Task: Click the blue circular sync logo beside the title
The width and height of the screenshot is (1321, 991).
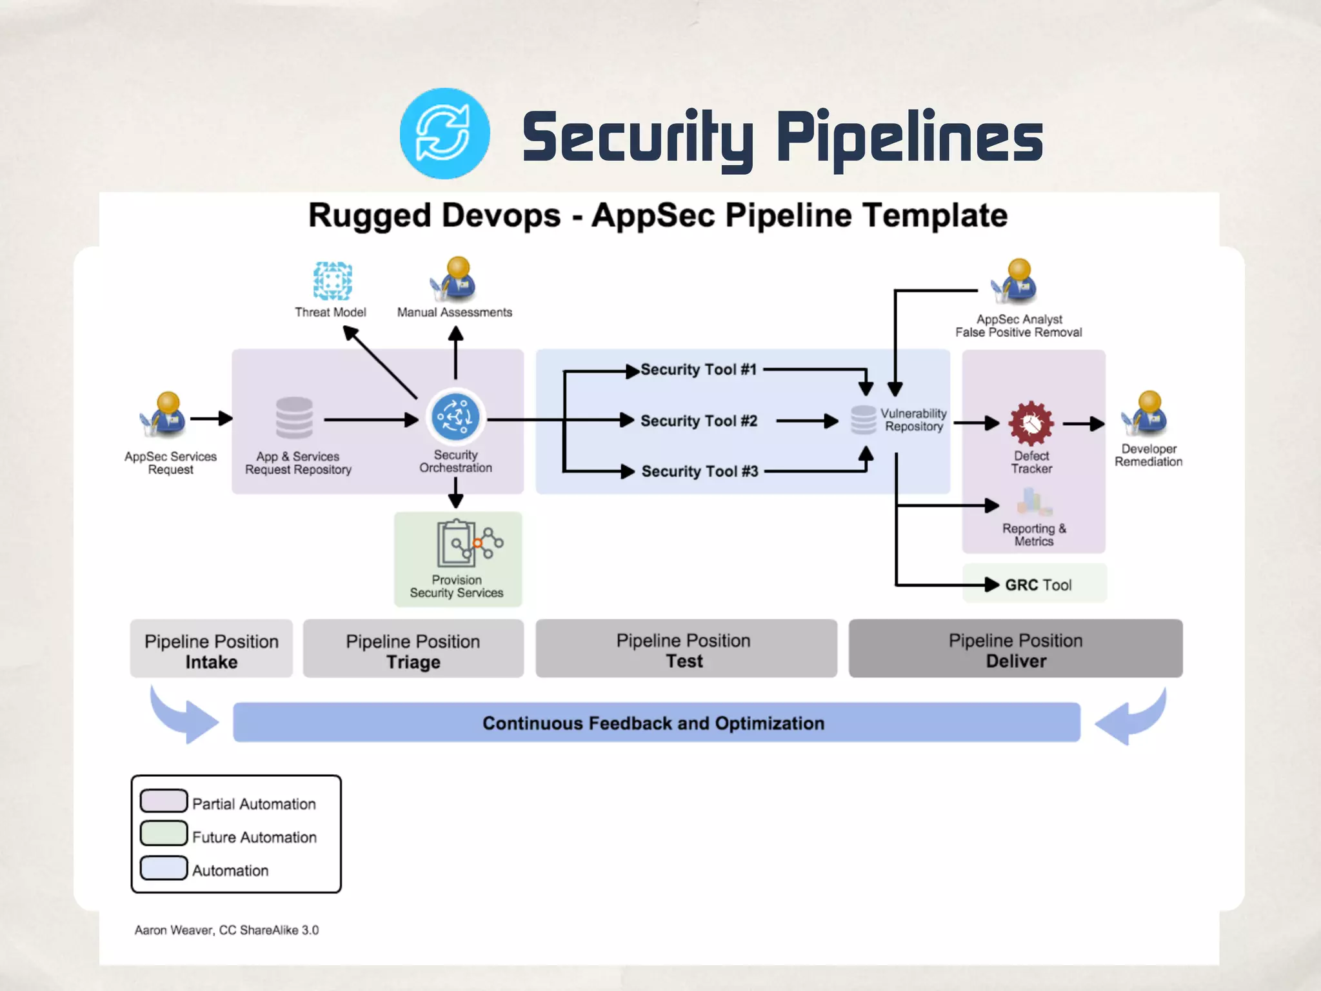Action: click(444, 134)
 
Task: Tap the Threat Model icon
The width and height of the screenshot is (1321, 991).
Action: click(332, 281)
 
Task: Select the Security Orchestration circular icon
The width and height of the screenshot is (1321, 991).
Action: click(455, 417)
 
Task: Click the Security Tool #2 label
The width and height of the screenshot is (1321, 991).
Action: click(699, 421)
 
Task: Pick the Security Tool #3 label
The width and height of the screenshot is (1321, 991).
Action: click(700, 472)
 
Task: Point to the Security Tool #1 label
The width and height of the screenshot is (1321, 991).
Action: click(698, 370)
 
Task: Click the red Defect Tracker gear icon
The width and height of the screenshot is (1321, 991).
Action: click(1031, 423)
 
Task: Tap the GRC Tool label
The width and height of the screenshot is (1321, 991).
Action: click(1038, 585)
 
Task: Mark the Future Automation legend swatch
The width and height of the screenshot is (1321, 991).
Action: click(164, 834)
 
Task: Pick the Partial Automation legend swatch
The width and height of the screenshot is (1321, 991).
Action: click(164, 801)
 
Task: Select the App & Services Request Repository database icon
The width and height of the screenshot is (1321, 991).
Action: click(294, 418)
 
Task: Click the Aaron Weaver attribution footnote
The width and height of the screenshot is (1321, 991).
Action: click(226, 930)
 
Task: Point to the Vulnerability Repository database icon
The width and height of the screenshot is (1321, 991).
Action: click(863, 420)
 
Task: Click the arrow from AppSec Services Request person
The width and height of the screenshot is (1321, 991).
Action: click(212, 419)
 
